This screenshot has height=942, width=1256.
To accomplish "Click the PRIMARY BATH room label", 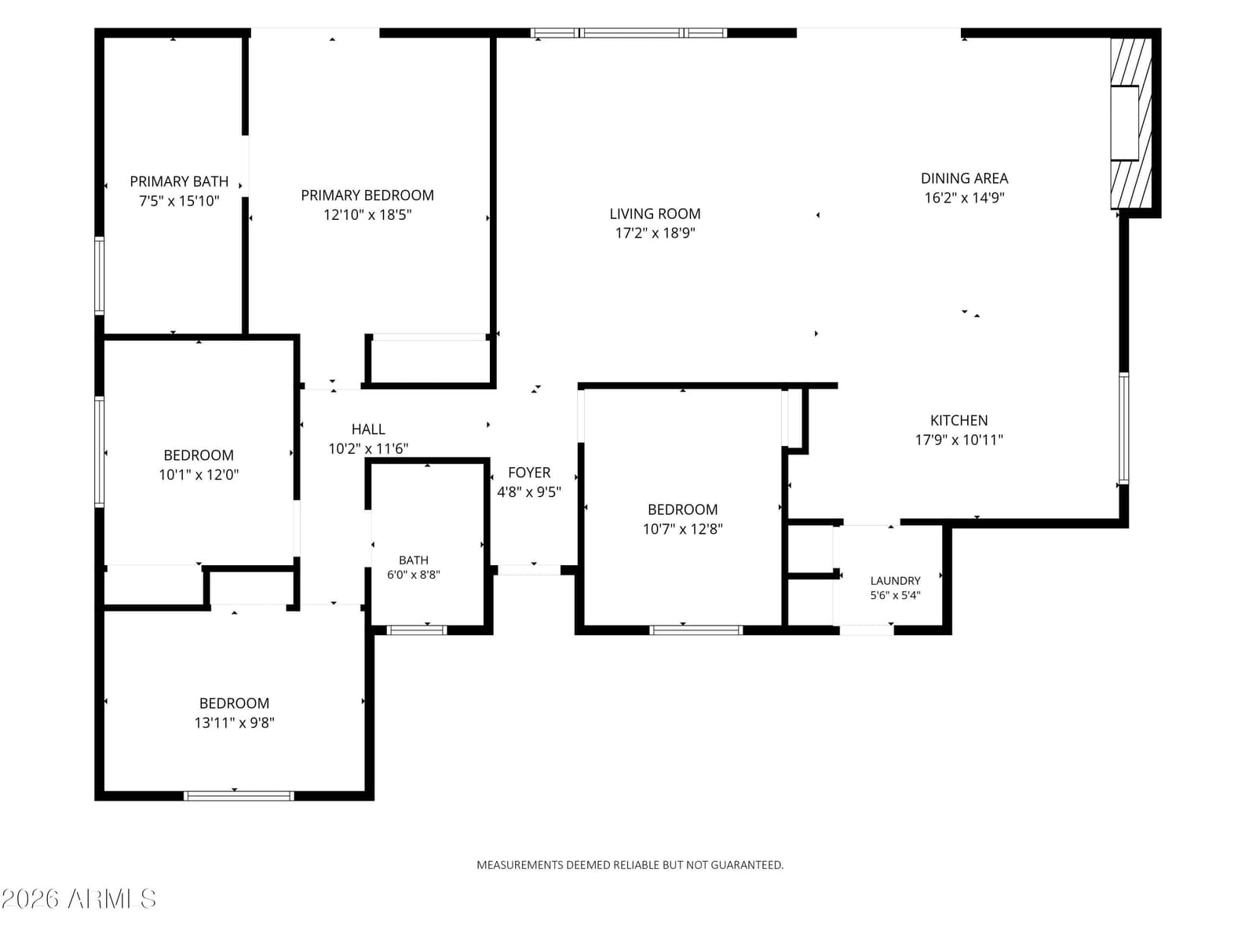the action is click(x=179, y=181).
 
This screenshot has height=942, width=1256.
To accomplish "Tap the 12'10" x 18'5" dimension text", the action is click(x=367, y=214).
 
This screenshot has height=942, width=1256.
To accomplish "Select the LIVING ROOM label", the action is click(x=655, y=214).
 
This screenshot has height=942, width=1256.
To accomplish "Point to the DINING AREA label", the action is click(x=964, y=178).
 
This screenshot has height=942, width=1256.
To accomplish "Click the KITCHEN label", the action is click(x=959, y=421).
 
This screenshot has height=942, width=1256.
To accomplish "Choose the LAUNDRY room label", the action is click(x=896, y=581).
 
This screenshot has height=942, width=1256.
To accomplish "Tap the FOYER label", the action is click(x=529, y=473).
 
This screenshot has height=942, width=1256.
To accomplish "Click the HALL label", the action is click(x=368, y=429).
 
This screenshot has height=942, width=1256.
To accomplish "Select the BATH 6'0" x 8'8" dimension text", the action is click(x=414, y=575).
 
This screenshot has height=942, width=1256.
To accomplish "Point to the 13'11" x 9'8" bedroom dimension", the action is click(x=234, y=722).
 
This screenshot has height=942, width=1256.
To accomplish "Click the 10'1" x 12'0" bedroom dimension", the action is click(x=199, y=474).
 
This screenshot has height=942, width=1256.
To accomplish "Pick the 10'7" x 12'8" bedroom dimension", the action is click(x=683, y=528).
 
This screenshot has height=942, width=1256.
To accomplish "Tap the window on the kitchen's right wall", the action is click(x=1124, y=429).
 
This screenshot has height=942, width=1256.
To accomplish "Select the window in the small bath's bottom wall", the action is click(x=417, y=630).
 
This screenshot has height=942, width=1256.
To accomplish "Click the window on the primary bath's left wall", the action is click(x=100, y=276).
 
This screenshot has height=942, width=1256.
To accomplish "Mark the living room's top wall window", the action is click(x=629, y=33).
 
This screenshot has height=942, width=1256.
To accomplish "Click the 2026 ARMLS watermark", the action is click(x=79, y=899).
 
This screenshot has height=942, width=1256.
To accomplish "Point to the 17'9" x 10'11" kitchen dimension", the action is click(x=959, y=440).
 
